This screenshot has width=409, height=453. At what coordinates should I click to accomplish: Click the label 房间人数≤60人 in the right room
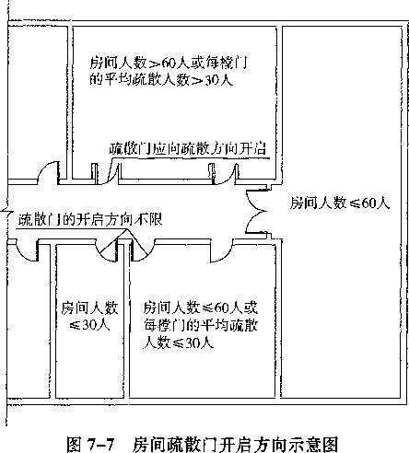pyautogui.click(x=340, y=203)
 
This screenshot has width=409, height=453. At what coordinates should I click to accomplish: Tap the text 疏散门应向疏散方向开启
pyautogui.click(x=188, y=148)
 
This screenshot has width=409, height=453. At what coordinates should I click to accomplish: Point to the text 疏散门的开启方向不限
pyautogui.click(x=90, y=219)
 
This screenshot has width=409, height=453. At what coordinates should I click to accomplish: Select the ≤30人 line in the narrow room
pyautogui.click(x=89, y=325)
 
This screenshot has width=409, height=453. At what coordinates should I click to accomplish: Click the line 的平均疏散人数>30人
pyautogui.click(x=161, y=79)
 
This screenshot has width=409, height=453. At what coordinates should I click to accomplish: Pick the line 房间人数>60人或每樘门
pyautogui.click(x=169, y=63)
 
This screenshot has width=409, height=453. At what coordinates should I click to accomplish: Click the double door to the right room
pyautogui.click(x=257, y=211)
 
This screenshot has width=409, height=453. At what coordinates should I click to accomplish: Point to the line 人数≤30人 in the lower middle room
pyautogui.click(x=178, y=343)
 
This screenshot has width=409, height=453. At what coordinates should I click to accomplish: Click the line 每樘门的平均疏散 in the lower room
pyautogui.click(x=201, y=325)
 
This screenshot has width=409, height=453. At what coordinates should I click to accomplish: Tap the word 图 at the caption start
pyautogui.click(x=74, y=445)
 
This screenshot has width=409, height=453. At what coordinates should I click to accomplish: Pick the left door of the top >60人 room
pyautogui.click(x=108, y=175)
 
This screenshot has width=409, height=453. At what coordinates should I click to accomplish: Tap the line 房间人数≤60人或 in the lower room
pyautogui.click(x=201, y=308)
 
